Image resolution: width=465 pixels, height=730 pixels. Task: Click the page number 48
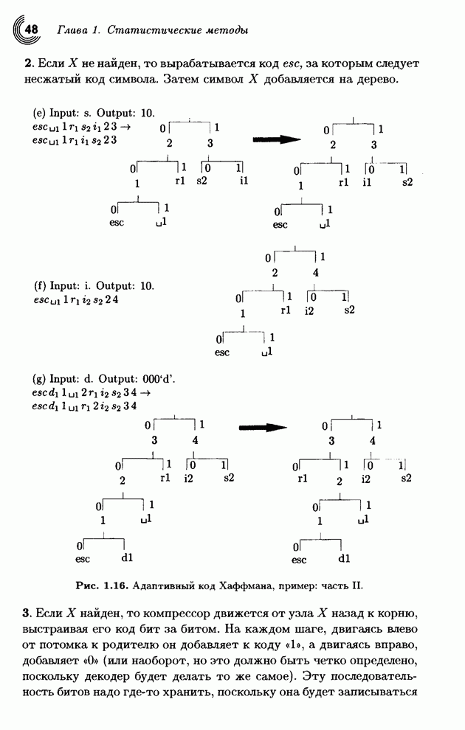[x=31, y=29]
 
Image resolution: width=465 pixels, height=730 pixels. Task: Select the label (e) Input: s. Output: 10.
[x=94, y=113]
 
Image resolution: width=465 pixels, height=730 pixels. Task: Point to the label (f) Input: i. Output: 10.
[x=94, y=285]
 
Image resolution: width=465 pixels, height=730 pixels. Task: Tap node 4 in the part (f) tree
[x=316, y=273]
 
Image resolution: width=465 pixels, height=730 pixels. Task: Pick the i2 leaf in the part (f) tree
[x=310, y=311]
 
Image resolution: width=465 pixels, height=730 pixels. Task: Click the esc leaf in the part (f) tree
[x=221, y=352]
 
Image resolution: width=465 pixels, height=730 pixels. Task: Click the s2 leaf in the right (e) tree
[x=407, y=181]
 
